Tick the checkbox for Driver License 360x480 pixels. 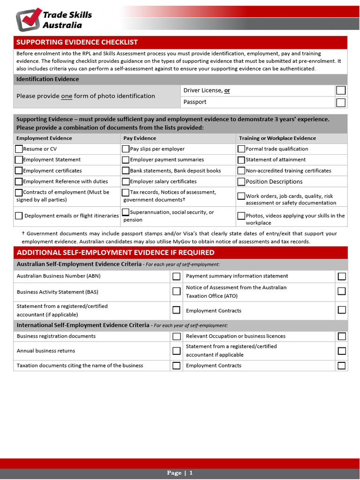tap(341, 90)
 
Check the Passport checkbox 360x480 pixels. tap(341, 102)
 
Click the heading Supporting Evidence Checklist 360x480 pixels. tap(77, 42)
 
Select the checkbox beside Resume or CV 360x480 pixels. tap(19, 149)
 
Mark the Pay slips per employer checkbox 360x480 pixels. tap(126, 149)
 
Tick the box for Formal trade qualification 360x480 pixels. tap(241, 149)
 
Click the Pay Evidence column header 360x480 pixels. tap(140, 138)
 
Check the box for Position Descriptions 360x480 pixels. tap(241, 182)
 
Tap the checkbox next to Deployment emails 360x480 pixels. tap(19, 216)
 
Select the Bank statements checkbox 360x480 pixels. tap(126, 171)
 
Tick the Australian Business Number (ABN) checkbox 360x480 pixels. tap(176, 276)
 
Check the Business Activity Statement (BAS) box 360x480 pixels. tap(176, 292)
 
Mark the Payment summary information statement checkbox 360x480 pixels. tap(342, 276)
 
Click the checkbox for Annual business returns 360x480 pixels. tap(176, 351)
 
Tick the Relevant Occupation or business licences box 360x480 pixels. tap(342, 336)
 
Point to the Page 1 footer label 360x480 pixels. tap(180, 473)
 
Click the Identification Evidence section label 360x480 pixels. tap(48, 79)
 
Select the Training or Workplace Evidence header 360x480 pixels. tap(277, 138)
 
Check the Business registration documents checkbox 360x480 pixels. tap(176, 336)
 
